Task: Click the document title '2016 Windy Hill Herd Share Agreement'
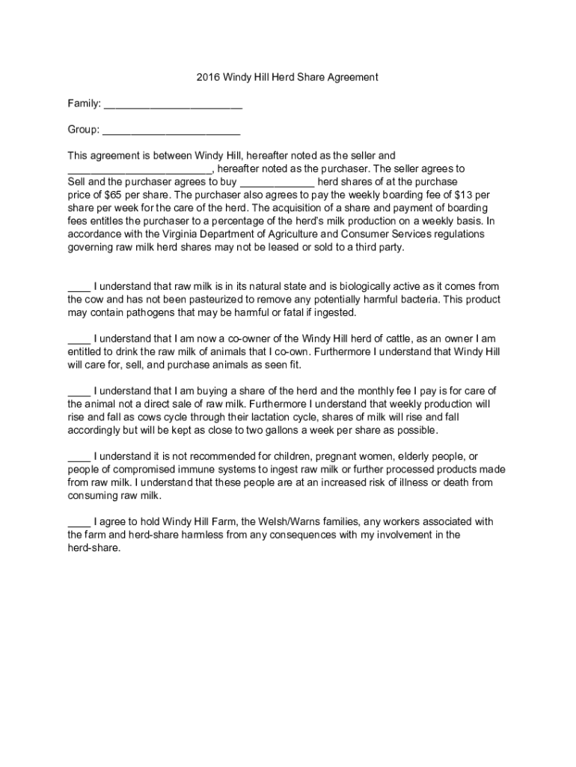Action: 288,77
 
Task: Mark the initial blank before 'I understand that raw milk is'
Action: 79,288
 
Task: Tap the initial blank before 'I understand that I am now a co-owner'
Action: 79,340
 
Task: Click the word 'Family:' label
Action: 84,103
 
